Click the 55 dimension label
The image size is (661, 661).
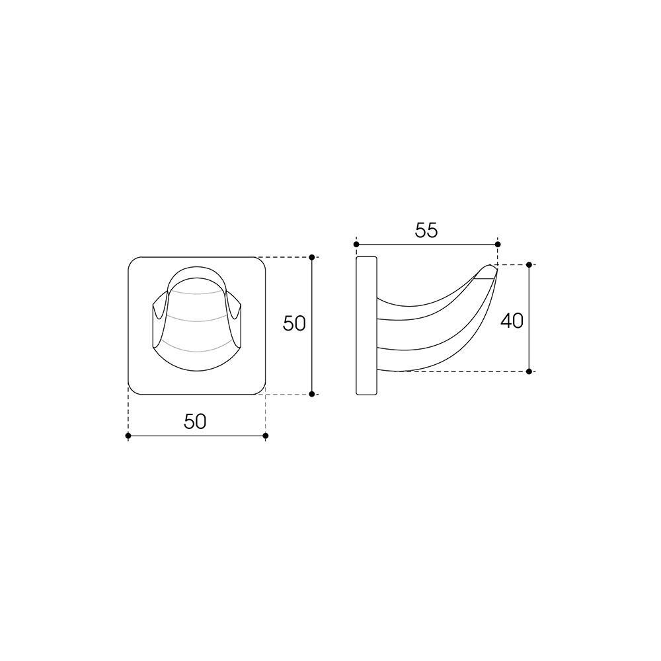click(426, 230)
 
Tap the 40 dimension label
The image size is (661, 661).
click(512, 321)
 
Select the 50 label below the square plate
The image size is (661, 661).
click(195, 421)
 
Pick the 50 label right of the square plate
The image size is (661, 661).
click(294, 324)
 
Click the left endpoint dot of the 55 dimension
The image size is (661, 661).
click(356, 244)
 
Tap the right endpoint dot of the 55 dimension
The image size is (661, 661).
click(498, 244)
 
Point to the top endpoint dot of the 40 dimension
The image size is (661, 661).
click(529, 265)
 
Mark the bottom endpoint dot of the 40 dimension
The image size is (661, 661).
click(529, 371)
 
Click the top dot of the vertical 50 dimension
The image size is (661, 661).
click(311, 256)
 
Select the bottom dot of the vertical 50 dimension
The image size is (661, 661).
click(311, 394)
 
